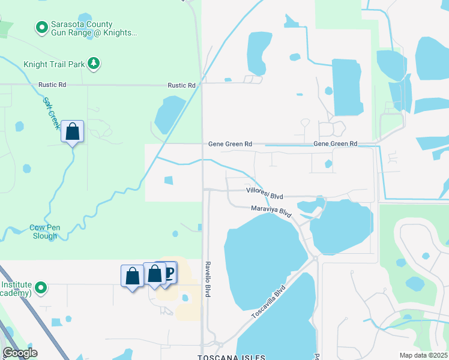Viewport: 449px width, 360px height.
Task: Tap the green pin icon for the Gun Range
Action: [x=41, y=27]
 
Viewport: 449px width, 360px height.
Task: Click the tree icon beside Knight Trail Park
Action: [x=93, y=63]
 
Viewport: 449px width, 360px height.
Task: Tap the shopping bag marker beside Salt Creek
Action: [x=73, y=131]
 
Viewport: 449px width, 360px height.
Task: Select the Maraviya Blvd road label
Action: [x=271, y=210]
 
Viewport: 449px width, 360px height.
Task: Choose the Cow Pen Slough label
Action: [x=43, y=232]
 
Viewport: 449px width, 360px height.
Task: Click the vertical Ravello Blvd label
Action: [x=207, y=279]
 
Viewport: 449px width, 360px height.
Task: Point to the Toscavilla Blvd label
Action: [x=268, y=303]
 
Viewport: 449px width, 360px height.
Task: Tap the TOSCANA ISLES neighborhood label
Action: [x=231, y=357]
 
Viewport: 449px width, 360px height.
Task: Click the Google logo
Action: [x=20, y=353]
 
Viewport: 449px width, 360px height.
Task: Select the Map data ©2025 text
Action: [x=423, y=355]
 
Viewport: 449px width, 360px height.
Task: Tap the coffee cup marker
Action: [x=169, y=274]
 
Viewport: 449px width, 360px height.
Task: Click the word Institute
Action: [x=16, y=284]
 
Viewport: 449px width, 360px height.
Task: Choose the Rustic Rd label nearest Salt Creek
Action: [x=52, y=85]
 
